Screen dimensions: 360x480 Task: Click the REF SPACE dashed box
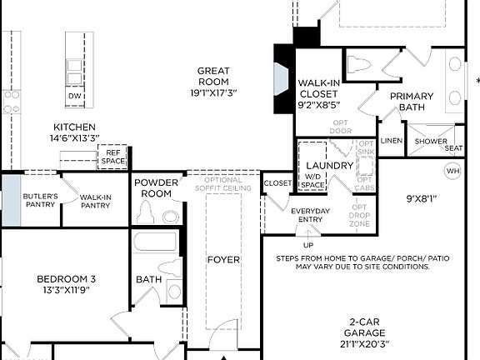click(112, 157)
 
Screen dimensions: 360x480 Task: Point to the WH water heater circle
click(452, 171)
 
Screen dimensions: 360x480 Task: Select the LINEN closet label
click(391, 140)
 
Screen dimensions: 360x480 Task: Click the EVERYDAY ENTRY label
click(310, 215)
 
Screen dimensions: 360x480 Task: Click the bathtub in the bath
click(155, 242)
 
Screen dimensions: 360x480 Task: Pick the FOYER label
click(222, 259)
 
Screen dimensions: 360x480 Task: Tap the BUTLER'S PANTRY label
click(40, 200)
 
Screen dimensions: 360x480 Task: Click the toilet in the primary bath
click(360, 65)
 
